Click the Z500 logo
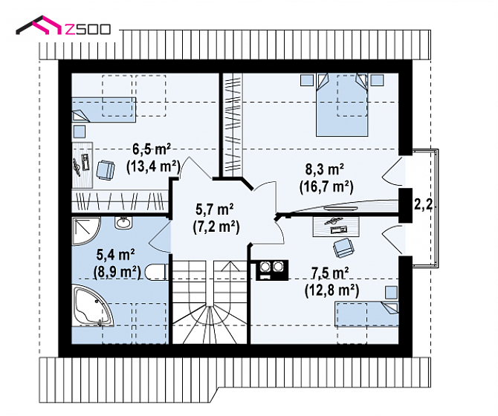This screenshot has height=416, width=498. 63,26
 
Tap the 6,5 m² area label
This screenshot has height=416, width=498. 152,149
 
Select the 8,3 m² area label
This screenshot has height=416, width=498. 325,170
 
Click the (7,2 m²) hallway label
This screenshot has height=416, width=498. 216,227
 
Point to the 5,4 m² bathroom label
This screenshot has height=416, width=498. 116,255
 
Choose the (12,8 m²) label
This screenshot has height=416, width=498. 332,290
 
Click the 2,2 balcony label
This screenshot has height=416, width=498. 423,205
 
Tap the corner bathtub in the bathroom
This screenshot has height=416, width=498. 93,305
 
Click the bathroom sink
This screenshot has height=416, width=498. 123,222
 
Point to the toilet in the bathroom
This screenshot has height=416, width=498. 157,273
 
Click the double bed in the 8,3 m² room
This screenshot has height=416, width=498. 342,105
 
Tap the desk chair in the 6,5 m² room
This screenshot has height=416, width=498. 106,170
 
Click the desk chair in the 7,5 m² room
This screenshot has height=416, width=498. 343,247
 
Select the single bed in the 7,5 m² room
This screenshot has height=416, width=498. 367,314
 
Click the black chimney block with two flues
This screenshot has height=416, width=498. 272,270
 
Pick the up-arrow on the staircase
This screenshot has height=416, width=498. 230,267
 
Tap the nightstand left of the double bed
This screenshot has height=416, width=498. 307,79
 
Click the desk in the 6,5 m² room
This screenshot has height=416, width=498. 83,165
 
